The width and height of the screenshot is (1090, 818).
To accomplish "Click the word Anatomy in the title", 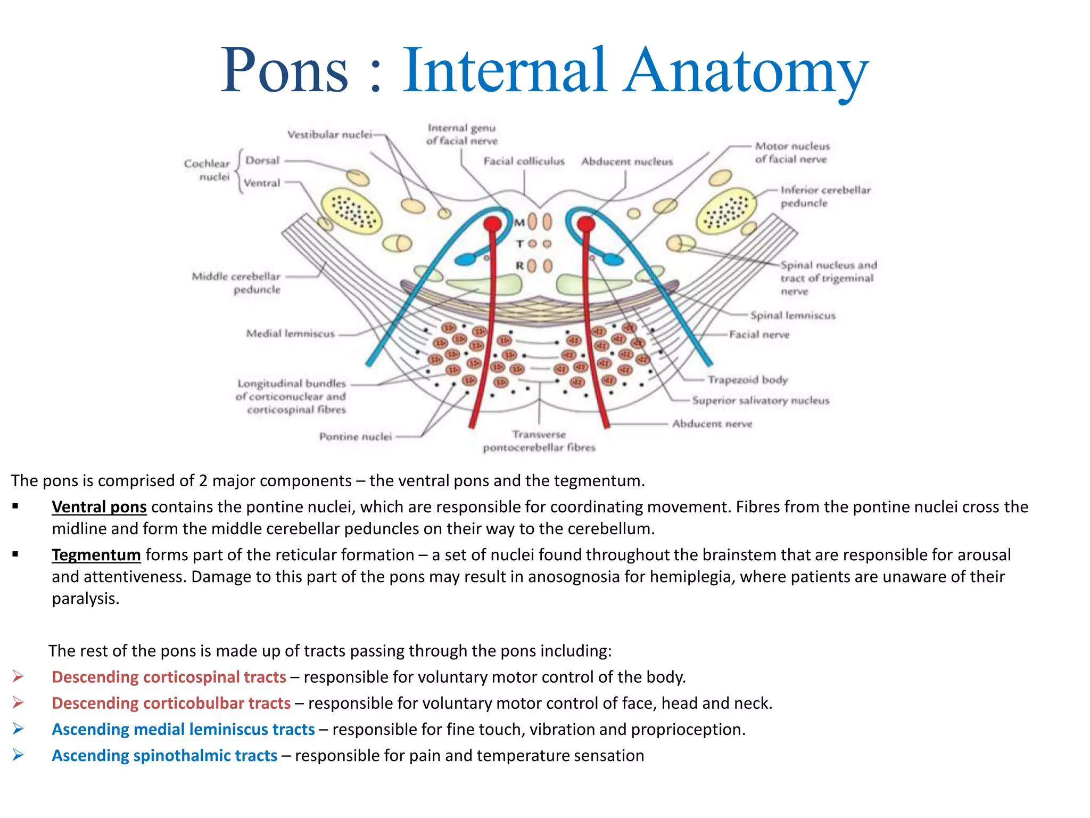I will pos(745,71).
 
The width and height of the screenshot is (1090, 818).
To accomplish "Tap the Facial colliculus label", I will pos(524,161).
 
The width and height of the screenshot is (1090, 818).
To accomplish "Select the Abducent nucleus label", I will pos(627,161).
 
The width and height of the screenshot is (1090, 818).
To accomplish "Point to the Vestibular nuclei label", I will pos(329,135).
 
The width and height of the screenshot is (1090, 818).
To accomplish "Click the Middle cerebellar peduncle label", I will pos(236,283).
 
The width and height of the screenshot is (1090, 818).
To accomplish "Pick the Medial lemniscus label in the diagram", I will pos(290,334).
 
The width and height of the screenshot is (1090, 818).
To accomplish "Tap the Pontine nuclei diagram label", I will pos(355,437).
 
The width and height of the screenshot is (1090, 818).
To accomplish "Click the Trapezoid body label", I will pos(747,380).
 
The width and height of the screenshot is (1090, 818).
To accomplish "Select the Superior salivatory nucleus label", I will pos(761,400).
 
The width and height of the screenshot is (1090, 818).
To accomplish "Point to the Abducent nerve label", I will pos(712,424).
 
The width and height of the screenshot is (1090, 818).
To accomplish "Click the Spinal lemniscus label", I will pos(792,315).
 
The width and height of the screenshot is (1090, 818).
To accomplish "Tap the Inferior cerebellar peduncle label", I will pos(825,196).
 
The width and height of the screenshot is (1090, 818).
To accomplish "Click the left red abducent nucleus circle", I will pos(492,224).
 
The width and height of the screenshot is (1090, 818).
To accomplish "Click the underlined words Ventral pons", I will pos(99,506).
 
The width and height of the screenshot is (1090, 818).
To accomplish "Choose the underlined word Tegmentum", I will pos(96,554).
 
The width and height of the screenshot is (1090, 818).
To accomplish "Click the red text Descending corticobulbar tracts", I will pos(171,703).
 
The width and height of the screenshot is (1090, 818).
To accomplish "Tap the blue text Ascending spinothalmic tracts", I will pos(164,755).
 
